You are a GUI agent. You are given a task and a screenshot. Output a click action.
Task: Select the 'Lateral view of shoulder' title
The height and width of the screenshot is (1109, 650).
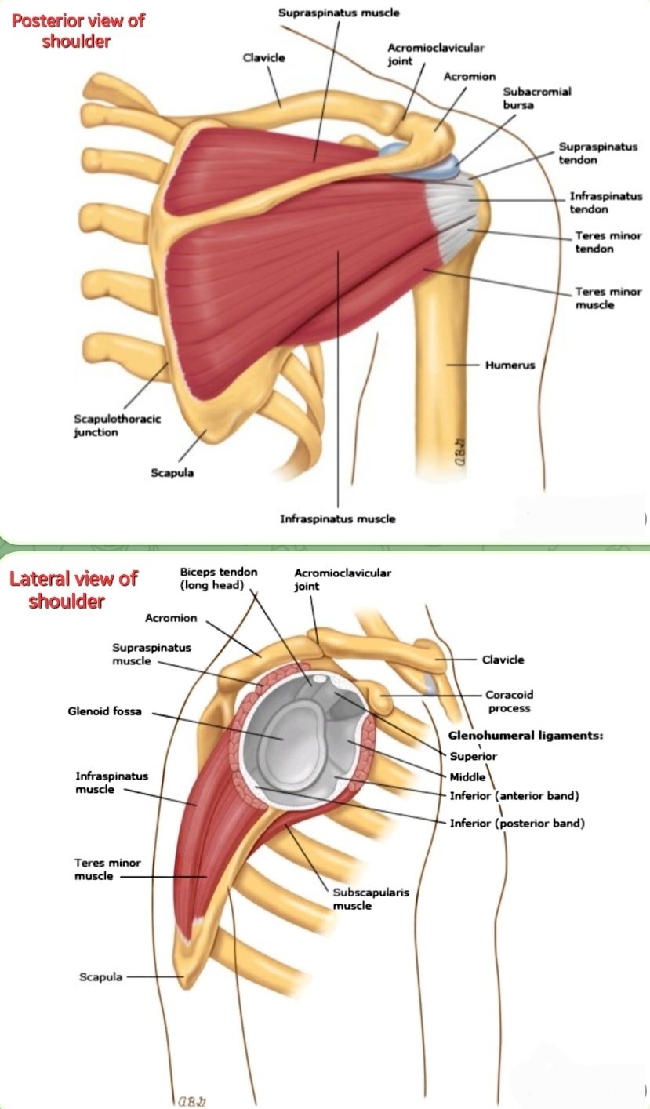(x=72, y=590)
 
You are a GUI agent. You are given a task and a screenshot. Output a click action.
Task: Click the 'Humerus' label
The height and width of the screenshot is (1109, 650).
(x=510, y=365)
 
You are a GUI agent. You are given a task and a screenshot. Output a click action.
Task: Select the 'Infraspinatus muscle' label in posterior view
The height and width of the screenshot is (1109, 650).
(x=338, y=518)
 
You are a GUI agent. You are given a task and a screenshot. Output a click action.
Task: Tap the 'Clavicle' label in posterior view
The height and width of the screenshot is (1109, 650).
(x=263, y=57)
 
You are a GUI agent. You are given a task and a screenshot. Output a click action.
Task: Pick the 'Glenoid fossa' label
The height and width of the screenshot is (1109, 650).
(x=104, y=712)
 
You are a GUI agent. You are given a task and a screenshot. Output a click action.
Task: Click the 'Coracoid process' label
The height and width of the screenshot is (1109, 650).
(x=508, y=701)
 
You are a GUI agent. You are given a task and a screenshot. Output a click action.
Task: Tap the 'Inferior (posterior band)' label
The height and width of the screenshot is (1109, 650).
(x=517, y=824)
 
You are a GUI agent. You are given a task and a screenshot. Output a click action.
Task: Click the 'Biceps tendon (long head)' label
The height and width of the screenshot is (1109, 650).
(x=219, y=579)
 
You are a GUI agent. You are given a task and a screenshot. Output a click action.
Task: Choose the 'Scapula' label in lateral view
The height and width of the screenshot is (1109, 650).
(x=100, y=977)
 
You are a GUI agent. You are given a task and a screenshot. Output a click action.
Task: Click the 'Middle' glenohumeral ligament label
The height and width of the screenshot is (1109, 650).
(x=467, y=776)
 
